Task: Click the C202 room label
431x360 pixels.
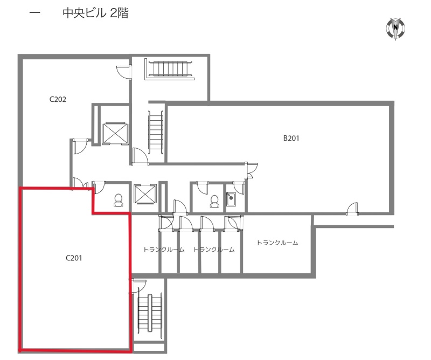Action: pos(58,99)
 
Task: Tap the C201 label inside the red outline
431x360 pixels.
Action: pos(74,258)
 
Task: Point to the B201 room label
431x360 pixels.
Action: pos(291,138)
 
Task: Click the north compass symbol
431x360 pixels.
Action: pos(395,28)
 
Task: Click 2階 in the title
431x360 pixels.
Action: pos(119,13)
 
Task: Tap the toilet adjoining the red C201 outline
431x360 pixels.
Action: pos(119,200)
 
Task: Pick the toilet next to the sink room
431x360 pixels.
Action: pos(214,202)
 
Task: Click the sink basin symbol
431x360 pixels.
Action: pos(231,199)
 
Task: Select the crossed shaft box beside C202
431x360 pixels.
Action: pos(115,134)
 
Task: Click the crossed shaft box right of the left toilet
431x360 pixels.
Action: pos(145,194)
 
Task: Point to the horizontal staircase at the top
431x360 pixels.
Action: pos(169,69)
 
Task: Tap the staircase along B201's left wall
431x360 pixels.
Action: pos(156,132)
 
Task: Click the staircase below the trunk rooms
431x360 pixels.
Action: pos(150,313)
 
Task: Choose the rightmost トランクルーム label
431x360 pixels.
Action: pos(277,243)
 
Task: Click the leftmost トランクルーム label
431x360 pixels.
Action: pos(164,250)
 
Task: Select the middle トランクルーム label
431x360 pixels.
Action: pos(214,250)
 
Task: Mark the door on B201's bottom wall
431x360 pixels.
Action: pos(352,209)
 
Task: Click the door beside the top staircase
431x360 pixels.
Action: pos(124,72)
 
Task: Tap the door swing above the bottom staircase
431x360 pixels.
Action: pos(138,286)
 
